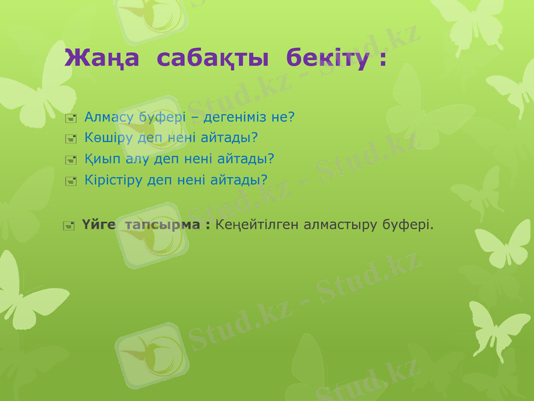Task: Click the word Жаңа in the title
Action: point(102,58)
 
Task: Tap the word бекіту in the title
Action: point(327,58)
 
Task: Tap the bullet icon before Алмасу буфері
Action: point(71,119)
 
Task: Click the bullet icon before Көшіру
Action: point(71,139)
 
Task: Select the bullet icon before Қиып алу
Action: point(71,160)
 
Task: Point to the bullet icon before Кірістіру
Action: point(71,180)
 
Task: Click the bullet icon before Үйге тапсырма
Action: point(68,226)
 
